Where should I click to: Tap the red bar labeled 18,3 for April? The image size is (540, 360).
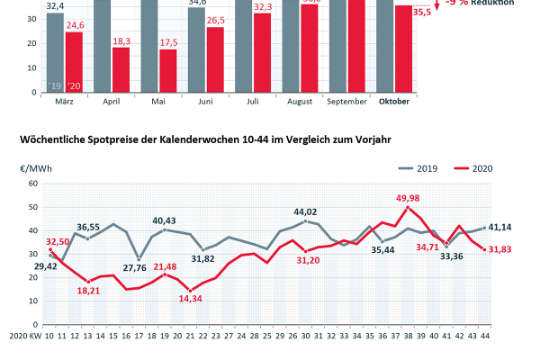point(121,70)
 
